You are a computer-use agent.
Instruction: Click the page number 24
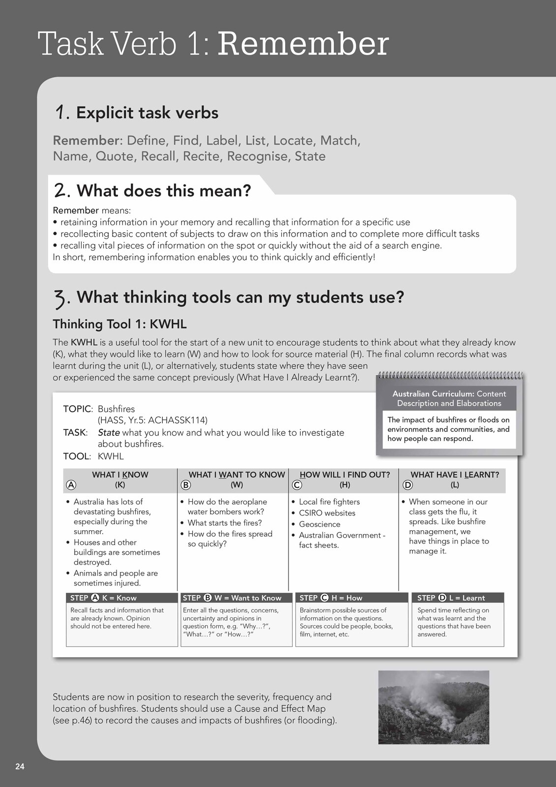coord(20,766)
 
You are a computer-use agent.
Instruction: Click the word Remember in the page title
coord(303,44)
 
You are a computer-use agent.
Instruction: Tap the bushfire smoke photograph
coord(434,707)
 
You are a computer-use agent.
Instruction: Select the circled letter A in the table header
coord(71,485)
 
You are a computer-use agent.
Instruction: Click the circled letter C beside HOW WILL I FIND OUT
coord(297,485)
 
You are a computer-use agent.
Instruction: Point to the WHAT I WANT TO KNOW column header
coord(236,475)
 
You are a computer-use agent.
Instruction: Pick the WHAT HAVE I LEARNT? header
coord(455,475)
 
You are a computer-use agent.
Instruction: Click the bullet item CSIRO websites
coord(327,513)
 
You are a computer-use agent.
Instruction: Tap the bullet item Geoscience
coord(320,524)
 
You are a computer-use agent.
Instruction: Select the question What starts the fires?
coord(225,523)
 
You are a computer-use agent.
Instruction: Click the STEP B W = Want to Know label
coord(232,598)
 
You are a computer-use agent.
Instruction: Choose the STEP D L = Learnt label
coord(451,598)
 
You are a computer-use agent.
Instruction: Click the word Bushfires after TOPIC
coord(116,409)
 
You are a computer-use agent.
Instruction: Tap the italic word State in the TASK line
coord(109,432)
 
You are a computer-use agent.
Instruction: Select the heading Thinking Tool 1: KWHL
coord(119,324)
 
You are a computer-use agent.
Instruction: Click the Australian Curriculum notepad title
coord(449,398)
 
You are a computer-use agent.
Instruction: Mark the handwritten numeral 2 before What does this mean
coord(60,190)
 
